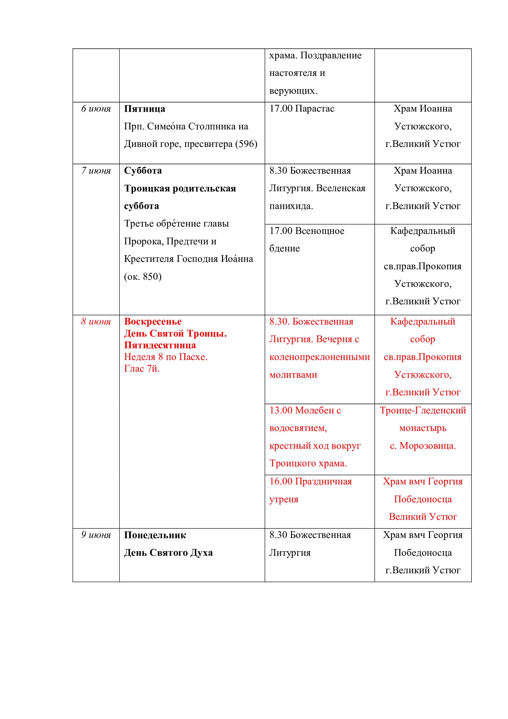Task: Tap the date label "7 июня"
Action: pyautogui.click(x=96, y=171)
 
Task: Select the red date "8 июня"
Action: pyautogui.click(x=96, y=322)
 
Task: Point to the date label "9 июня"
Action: pyautogui.click(x=96, y=535)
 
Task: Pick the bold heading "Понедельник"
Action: pyautogui.click(x=155, y=535)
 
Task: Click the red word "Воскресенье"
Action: pyautogui.click(x=153, y=322)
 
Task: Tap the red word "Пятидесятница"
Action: pyautogui.click(x=160, y=345)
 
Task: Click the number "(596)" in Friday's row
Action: pyautogui.click(x=246, y=144)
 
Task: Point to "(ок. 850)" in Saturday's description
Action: pyautogui.click(x=143, y=277)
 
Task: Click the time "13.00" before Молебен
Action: pyautogui.click(x=281, y=410)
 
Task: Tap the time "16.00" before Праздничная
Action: pyautogui.click(x=281, y=481)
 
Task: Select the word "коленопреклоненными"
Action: pyautogui.click(x=319, y=357)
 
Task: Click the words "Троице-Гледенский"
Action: pyautogui.click(x=423, y=410)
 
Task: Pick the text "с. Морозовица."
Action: pyautogui.click(x=423, y=446)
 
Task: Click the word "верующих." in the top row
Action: pyautogui.click(x=293, y=91)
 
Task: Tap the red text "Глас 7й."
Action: pyautogui.click(x=142, y=369)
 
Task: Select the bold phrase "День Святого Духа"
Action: pyautogui.click(x=168, y=553)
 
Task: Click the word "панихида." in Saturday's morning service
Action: pyautogui.click(x=291, y=206)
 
